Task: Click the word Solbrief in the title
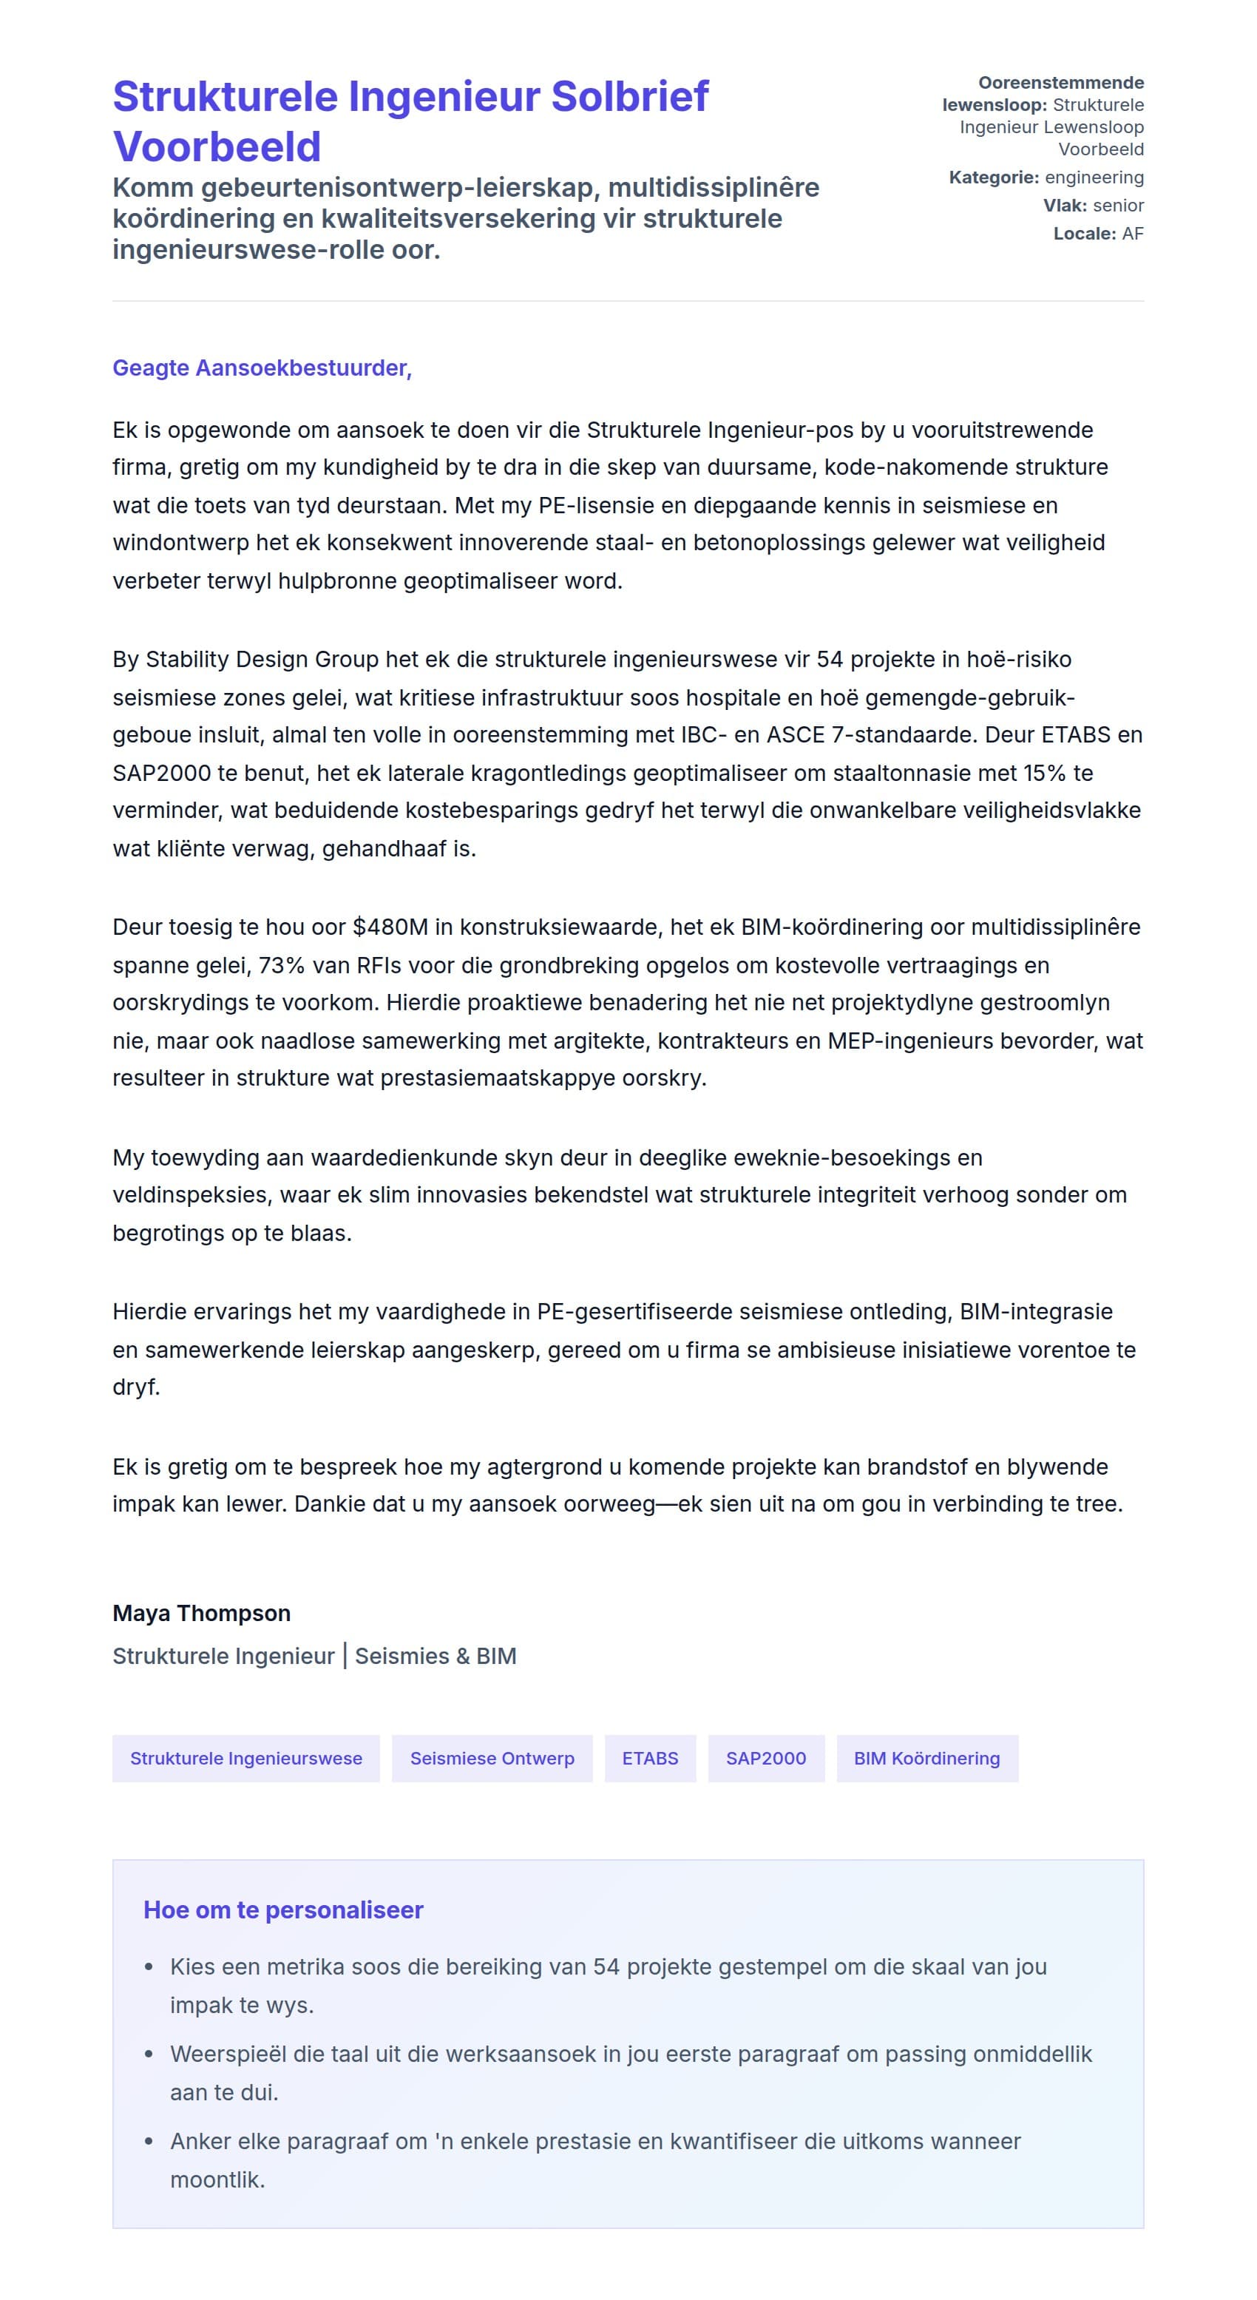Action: click(629, 96)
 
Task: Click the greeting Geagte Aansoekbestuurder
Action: click(262, 368)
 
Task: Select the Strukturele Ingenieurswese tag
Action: click(245, 1758)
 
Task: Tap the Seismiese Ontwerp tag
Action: click(492, 1758)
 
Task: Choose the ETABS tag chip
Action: click(650, 1758)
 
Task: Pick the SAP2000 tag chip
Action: click(765, 1758)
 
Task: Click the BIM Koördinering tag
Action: click(926, 1758)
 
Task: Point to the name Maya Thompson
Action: click(202, 1614)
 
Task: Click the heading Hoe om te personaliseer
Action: click(283, 1910)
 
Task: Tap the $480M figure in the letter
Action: click(390, 927)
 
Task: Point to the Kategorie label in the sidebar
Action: click(993, 177)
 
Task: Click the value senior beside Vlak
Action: click(1118, 206)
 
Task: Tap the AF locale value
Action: click(1132, 234)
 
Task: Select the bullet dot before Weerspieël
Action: click(149, 2054)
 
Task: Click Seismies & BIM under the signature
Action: click(436, 1657)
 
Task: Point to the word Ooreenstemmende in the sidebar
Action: click(1060, 83)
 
